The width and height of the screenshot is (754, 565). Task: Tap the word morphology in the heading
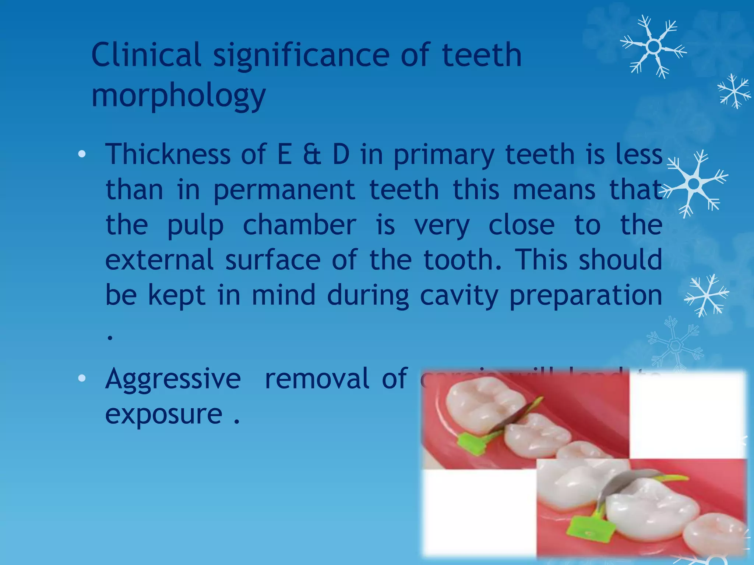pyautogui.click(x=178, y=95)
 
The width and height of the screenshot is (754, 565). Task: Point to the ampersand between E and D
pyautogui.click(x=312, y=154)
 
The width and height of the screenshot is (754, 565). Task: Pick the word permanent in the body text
pyautogui.click(x=284, y=190)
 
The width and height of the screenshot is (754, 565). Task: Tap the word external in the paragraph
pyautogui.click(x=159, y=260)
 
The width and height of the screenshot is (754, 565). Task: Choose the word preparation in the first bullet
pyautogui.click(x=586, y=296)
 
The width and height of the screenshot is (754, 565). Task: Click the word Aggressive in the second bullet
pyautogui.click(x=173, y=379)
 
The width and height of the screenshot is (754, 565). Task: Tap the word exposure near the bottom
pyautogui.click(x=163, y=414)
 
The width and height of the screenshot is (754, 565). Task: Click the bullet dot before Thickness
pyautogui.click(x=82, y=154)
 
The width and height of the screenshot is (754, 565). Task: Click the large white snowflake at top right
pyautogui.click(x=653, y=47)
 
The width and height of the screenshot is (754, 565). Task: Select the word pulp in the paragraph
pyautogui.click(x=195, y=225)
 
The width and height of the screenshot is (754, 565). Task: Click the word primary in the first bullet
pyautogui.click(x=444, y=154)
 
